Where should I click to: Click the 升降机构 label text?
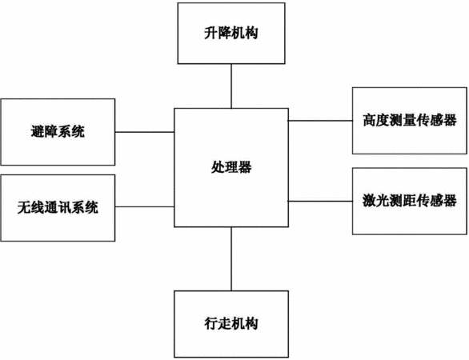[x=231, y=33]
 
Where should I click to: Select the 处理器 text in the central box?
[x=231, y=167]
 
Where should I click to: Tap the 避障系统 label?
[x=58, y=131]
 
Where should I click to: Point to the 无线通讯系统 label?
[x=58, y=207]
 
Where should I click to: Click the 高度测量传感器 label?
[x=410, y=120]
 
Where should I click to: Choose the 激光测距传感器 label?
[x=410, y=201]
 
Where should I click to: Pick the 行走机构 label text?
[x=231, y=323]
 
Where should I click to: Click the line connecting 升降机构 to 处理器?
[x=231, y=86]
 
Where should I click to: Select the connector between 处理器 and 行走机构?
[x=231, y=258]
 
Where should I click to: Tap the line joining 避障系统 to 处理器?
[x=145, y=132]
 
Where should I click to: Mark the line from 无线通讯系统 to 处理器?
[x=145, y=206]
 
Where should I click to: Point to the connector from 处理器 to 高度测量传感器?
[x=320, y=121]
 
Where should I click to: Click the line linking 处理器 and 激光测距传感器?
[x=320, y=202]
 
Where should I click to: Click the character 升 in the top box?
[x=210, y=33]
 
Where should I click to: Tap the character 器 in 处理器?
[x=245, y=167]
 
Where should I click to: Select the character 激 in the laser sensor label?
[x=370, y=201]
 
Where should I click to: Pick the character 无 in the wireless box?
[x=24, y=207]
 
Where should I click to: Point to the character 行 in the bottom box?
[x=210, y=323]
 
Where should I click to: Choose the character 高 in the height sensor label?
[x=370, y=120]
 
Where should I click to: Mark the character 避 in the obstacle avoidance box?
[x=38, y=131]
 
